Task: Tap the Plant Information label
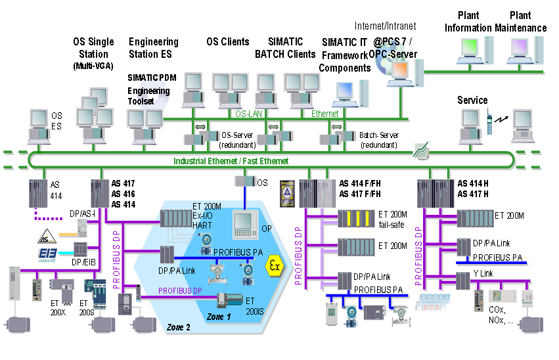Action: point(468,22)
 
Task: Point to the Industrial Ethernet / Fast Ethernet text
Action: point(231,161)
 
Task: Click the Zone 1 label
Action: point(219,316)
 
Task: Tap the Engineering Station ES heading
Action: point(154,48)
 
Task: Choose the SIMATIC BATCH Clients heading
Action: point(285,48)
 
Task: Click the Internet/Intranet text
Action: point(385,26)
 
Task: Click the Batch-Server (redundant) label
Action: point(378,139)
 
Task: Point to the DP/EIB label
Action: point(83,263)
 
